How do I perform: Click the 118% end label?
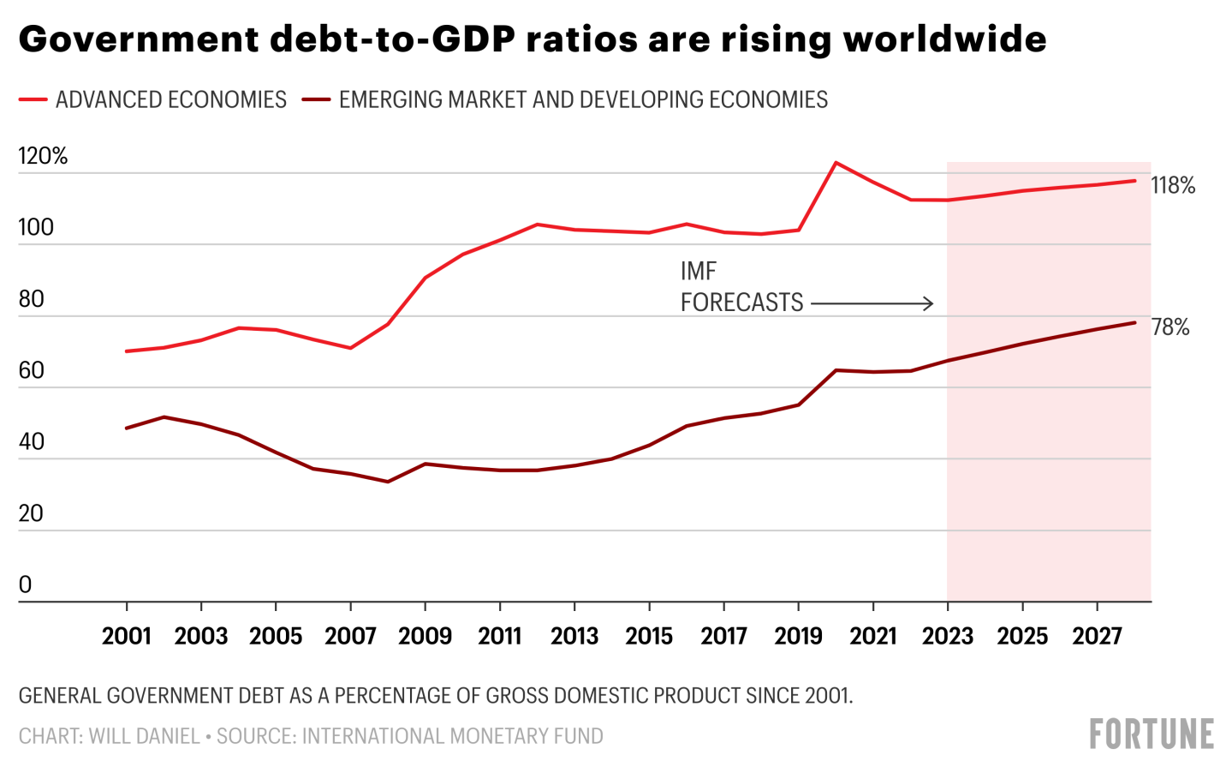click(1172, 185)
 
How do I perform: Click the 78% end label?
click(1170, 327)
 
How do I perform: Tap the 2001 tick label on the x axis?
click(127, 636)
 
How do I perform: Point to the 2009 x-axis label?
click(425, 636)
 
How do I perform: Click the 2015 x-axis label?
click(649, 636)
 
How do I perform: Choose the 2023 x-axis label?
click(947, 636)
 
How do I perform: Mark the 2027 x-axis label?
click(1097, 636)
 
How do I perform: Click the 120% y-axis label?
click(43, 156)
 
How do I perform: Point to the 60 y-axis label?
click(31, 370)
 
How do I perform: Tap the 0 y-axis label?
click(25, 584)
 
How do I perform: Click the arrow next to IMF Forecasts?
click(872, 303)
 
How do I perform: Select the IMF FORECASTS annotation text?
click(741, 287)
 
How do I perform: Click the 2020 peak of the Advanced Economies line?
click(836, 162)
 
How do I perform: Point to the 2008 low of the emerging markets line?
click(387, 482)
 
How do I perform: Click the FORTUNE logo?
click(1151, 734)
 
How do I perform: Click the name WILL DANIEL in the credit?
click(144, 736)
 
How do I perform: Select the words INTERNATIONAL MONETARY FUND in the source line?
click(452, 736)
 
